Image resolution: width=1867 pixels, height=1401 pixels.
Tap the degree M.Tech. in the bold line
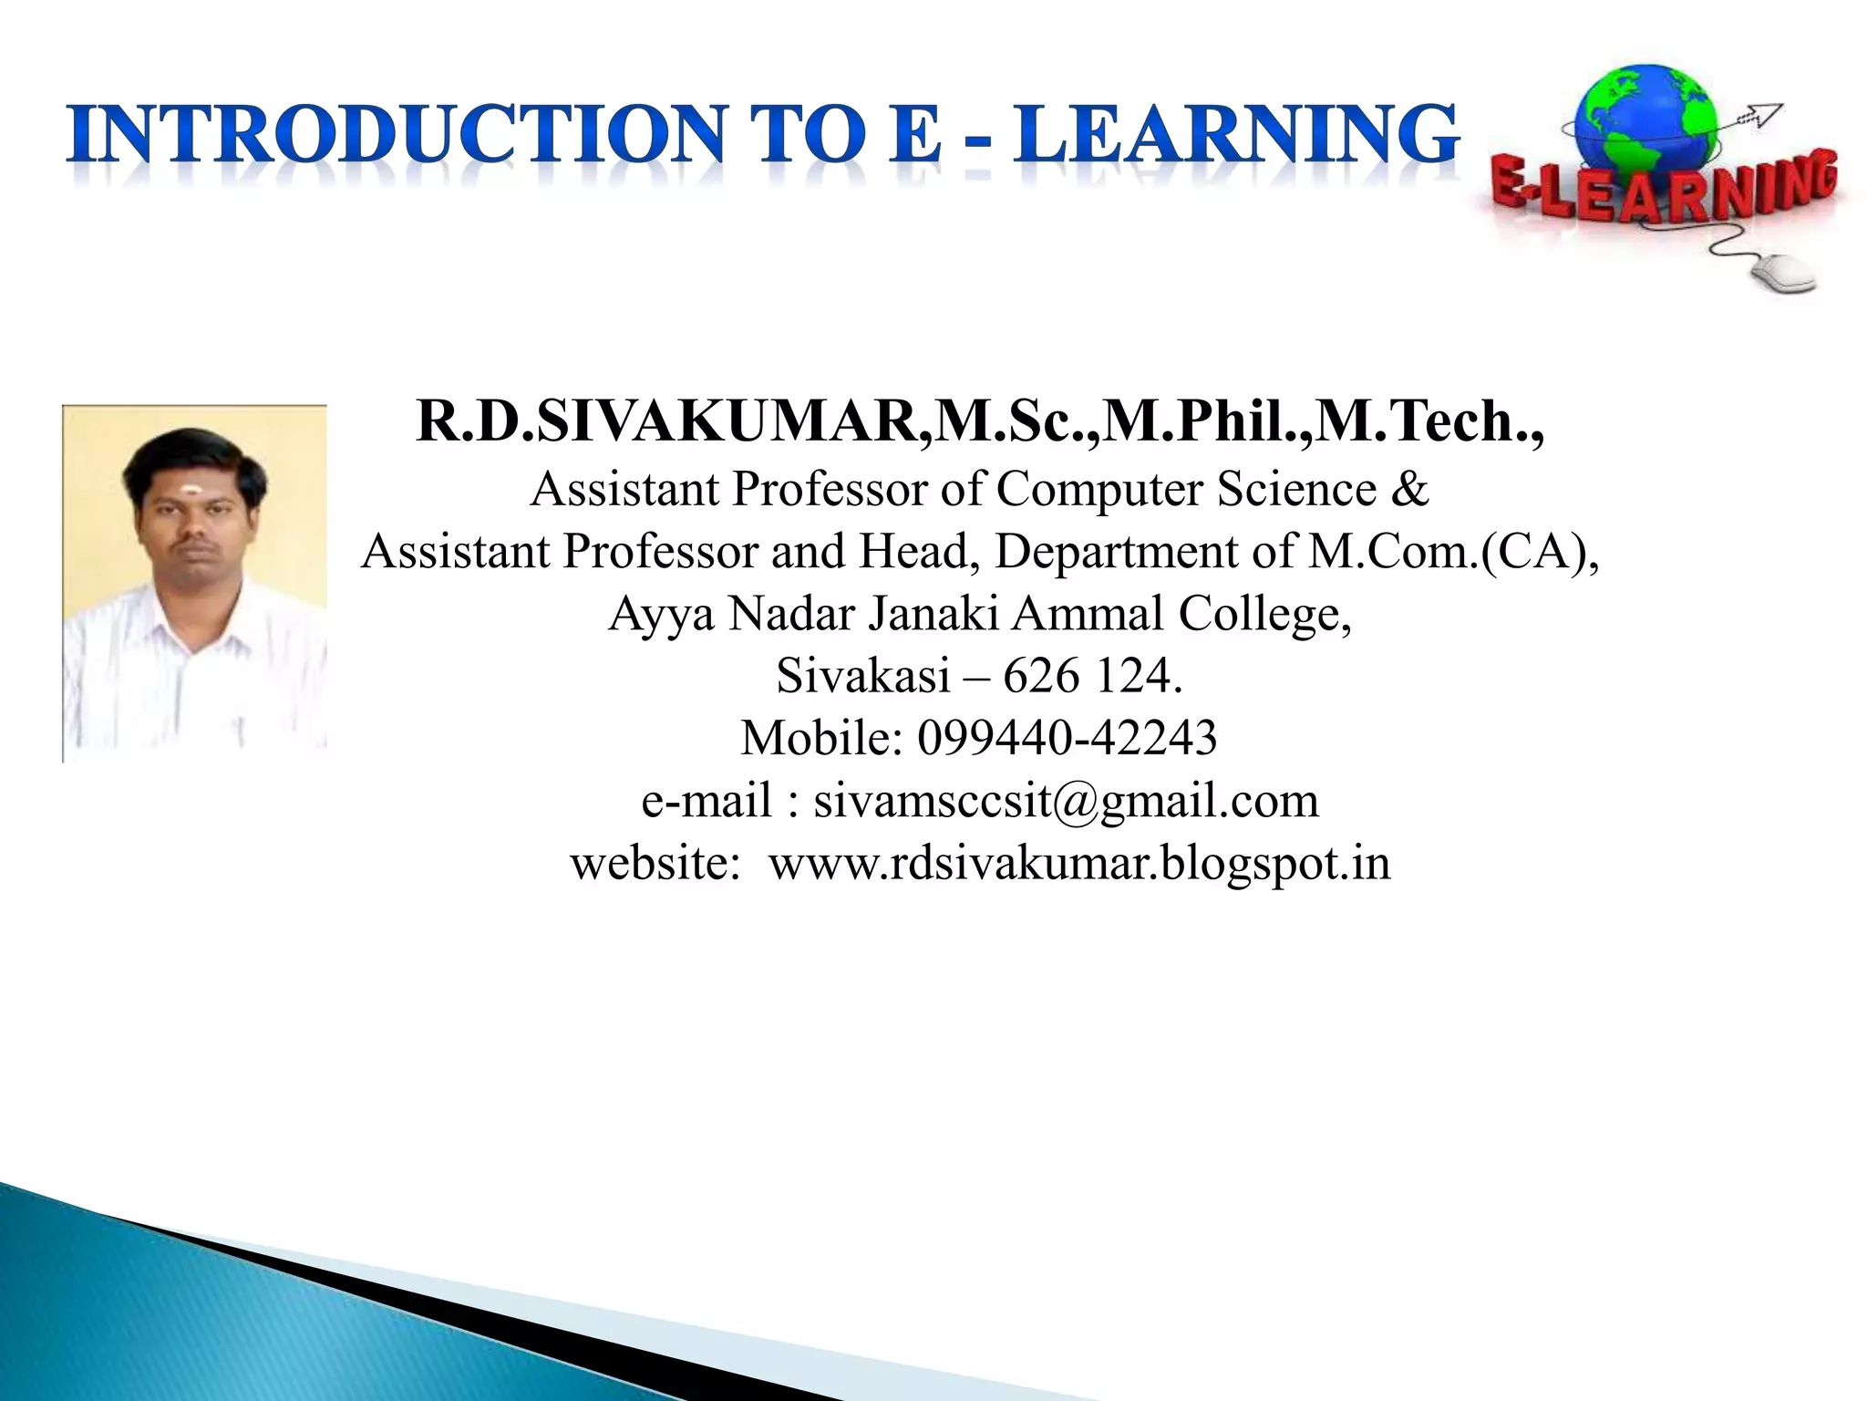(x=1427, y=421)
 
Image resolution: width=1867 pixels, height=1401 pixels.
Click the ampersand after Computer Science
(x=1409, y=489)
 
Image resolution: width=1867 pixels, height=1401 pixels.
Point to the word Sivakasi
(x=862, y=675)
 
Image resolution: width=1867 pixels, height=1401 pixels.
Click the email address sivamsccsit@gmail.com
(x=1066, y=800)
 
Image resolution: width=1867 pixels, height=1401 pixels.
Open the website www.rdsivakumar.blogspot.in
(x=1079, y=862)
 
